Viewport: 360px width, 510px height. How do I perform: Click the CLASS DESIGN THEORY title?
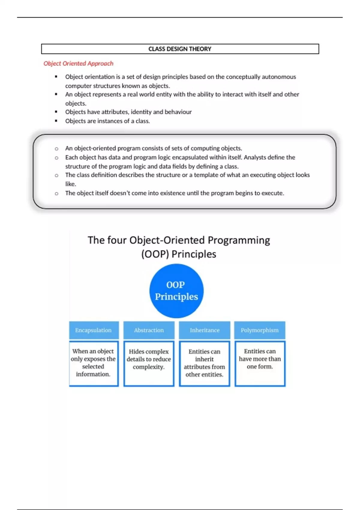pos(180,49)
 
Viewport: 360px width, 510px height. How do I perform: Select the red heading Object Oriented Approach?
pos(78,63)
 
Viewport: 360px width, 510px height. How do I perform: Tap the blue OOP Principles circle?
pos(176,291)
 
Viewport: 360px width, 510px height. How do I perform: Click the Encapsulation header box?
pos(94,330)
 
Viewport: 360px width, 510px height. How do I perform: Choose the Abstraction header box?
pos(149,330)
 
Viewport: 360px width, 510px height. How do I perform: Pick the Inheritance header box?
pos(205,330)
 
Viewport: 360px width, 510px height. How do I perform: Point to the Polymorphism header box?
pos(259,330)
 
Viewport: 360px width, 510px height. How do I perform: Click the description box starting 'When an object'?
pos(94,363)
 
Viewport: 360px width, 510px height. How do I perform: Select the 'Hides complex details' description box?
pos(149,363)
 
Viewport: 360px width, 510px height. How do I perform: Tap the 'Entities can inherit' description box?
pos(205,363)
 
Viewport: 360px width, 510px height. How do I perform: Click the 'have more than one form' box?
pos(260,363)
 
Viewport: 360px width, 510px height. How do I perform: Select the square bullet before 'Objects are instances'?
pos(56,121)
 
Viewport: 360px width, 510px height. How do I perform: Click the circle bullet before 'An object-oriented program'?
pos(56,148)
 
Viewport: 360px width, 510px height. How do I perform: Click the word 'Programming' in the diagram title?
pos(239,240)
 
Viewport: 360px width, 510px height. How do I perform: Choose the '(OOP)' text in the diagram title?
pos(155,254)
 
